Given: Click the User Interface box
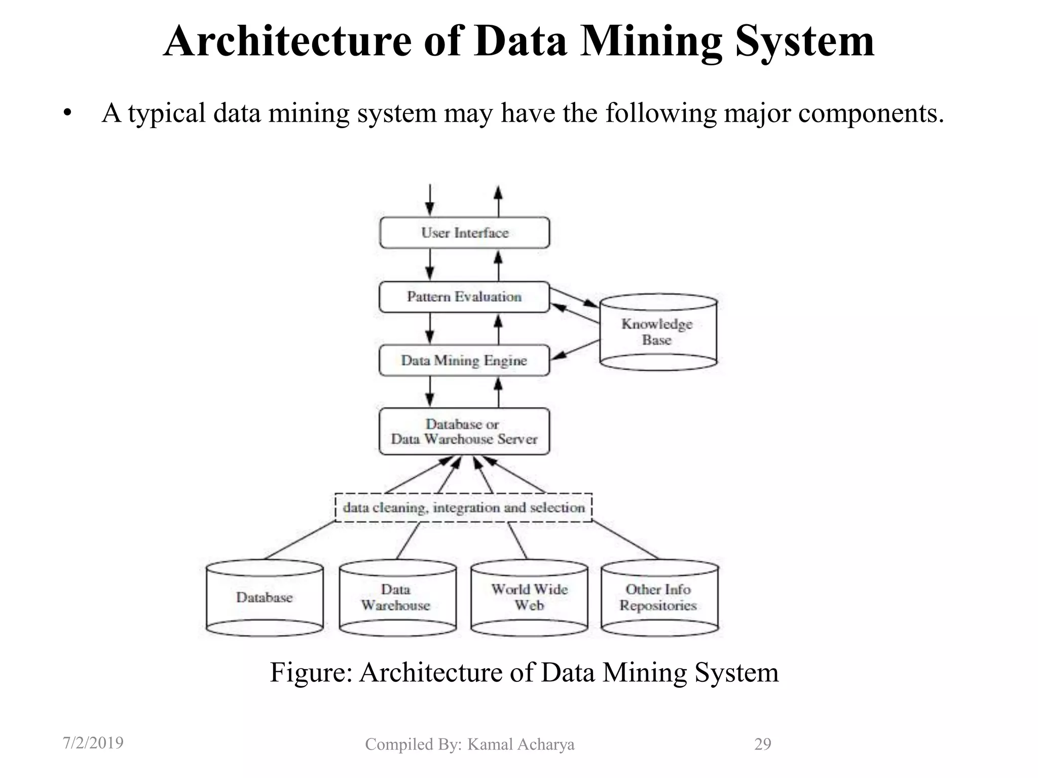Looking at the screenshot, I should click(x=464, y=233).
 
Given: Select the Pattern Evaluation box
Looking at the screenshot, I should click(x=464, y=297).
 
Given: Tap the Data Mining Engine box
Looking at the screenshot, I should click(x=464, y=361).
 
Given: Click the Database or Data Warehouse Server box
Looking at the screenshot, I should click(x=464, y=432).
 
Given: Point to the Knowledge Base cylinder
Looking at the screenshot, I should click(x=658, y=332).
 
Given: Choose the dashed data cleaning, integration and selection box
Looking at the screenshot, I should click(x=464, y=508).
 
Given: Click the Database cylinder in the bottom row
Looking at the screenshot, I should click(x=265, y=598).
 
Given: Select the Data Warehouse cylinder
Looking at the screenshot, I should click(x=397, y=598).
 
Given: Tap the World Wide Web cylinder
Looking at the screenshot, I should click(x=529, y=598).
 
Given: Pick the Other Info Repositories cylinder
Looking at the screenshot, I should click(x=659, y=598).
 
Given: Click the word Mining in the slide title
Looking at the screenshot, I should click(x=651, y=42).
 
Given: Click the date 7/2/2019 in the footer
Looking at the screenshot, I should click(x=93, y=743).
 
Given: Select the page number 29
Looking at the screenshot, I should click(x=762, y=744).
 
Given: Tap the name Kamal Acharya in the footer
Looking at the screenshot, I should click(x=521, y=744).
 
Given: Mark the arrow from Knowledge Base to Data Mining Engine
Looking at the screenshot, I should click(x=576, y=350).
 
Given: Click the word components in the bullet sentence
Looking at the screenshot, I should click(x=871, y=113).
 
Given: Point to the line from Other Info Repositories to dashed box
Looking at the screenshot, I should click(x=625, y=540).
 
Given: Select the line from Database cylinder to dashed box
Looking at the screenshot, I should click(x=299, y=540).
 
